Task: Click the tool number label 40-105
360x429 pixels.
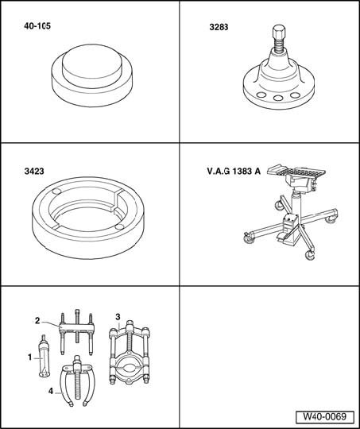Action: coord(37,26)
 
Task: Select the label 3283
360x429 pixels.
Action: coord(219,27)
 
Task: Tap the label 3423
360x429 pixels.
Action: coord(34,172)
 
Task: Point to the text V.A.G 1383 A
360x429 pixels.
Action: coord(234,172)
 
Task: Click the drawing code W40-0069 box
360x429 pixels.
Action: coord(325,417)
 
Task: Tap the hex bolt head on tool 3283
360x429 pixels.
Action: coord(279,31)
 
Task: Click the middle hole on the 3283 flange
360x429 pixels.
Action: coord(279,98)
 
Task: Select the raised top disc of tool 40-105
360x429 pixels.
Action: coord(91,66)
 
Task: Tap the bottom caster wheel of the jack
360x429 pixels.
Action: coord(310,255)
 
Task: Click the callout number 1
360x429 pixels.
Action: coord(30,357)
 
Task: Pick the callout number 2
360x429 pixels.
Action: coord(37,321)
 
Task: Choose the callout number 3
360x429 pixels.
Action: coord(118,317)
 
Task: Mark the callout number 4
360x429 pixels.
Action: coord(51,391)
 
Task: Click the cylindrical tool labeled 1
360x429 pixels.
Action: coord(44,356)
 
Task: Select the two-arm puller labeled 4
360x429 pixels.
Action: coord(77,381)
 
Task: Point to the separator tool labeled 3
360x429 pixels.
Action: coord(130,352)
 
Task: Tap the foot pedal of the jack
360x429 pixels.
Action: coord(285,237)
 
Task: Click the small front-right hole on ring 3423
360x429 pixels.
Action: coord(120,226)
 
